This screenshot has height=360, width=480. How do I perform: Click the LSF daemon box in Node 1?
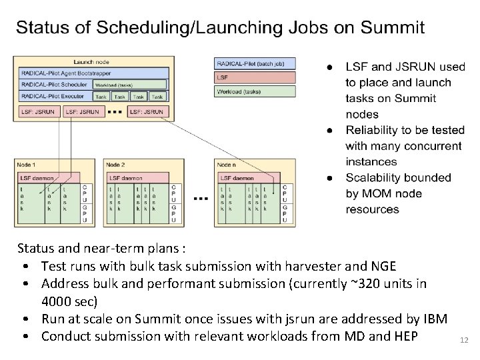point(47,178)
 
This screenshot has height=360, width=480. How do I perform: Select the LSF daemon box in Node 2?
point(137,178)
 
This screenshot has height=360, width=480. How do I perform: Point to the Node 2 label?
point(115,165)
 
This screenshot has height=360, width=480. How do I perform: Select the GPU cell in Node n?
point(285,213)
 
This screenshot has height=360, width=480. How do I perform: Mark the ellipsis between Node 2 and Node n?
point(200,198)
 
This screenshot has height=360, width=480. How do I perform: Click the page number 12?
point(464,341)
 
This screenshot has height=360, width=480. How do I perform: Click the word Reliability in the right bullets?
point(376,131)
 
